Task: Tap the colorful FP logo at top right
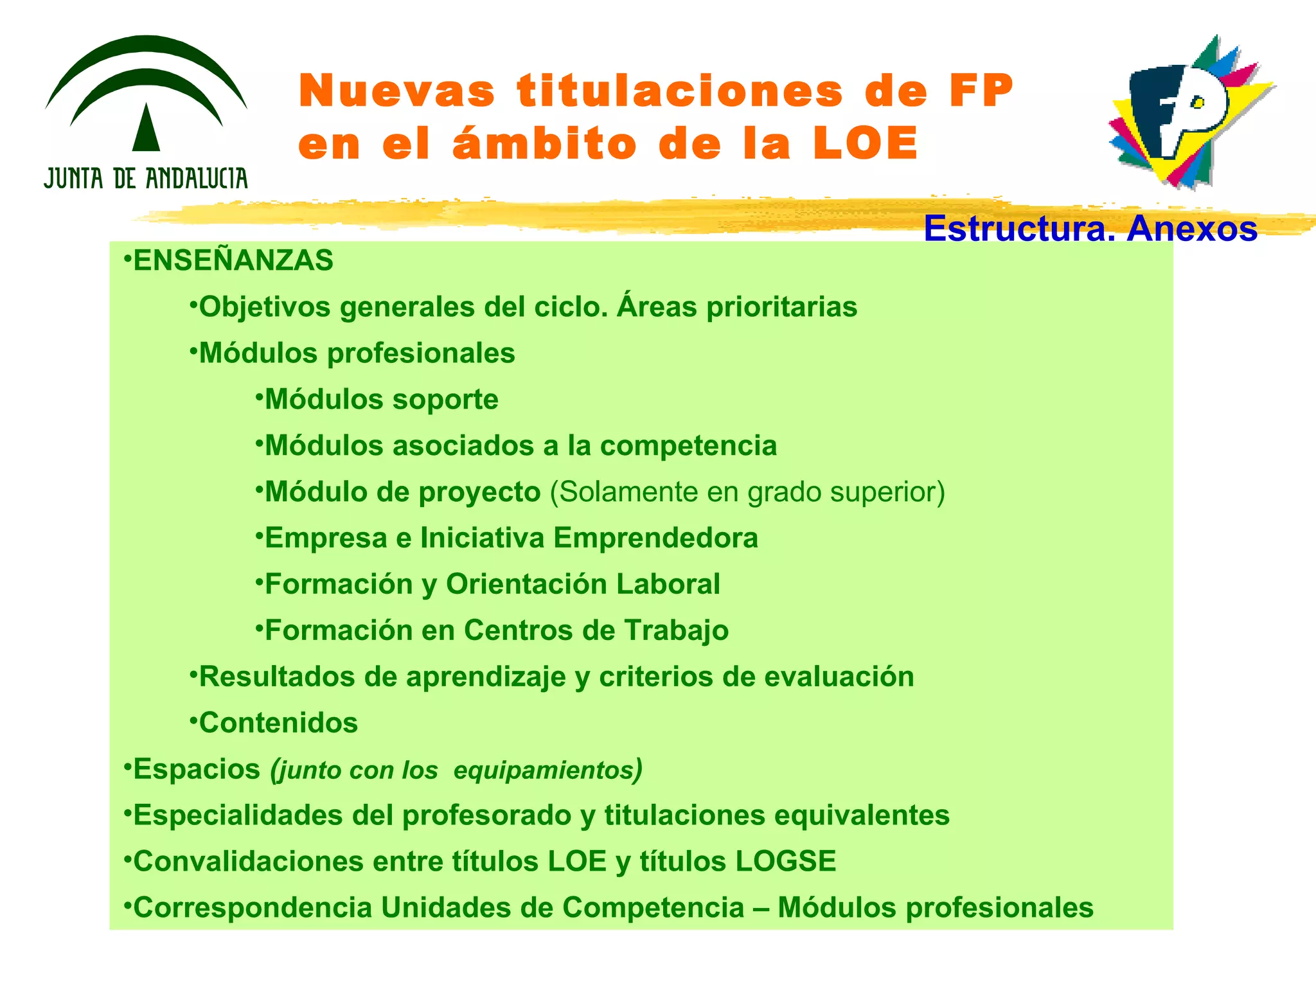coord(1189,112)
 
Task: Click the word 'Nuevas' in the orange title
coord(397,91)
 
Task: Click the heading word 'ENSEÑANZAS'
coord(233,261)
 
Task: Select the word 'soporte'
coord(445,400)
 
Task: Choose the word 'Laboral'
coord(668,585)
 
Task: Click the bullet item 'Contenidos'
coord(278,724)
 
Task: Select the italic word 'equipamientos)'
coord(547,770)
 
